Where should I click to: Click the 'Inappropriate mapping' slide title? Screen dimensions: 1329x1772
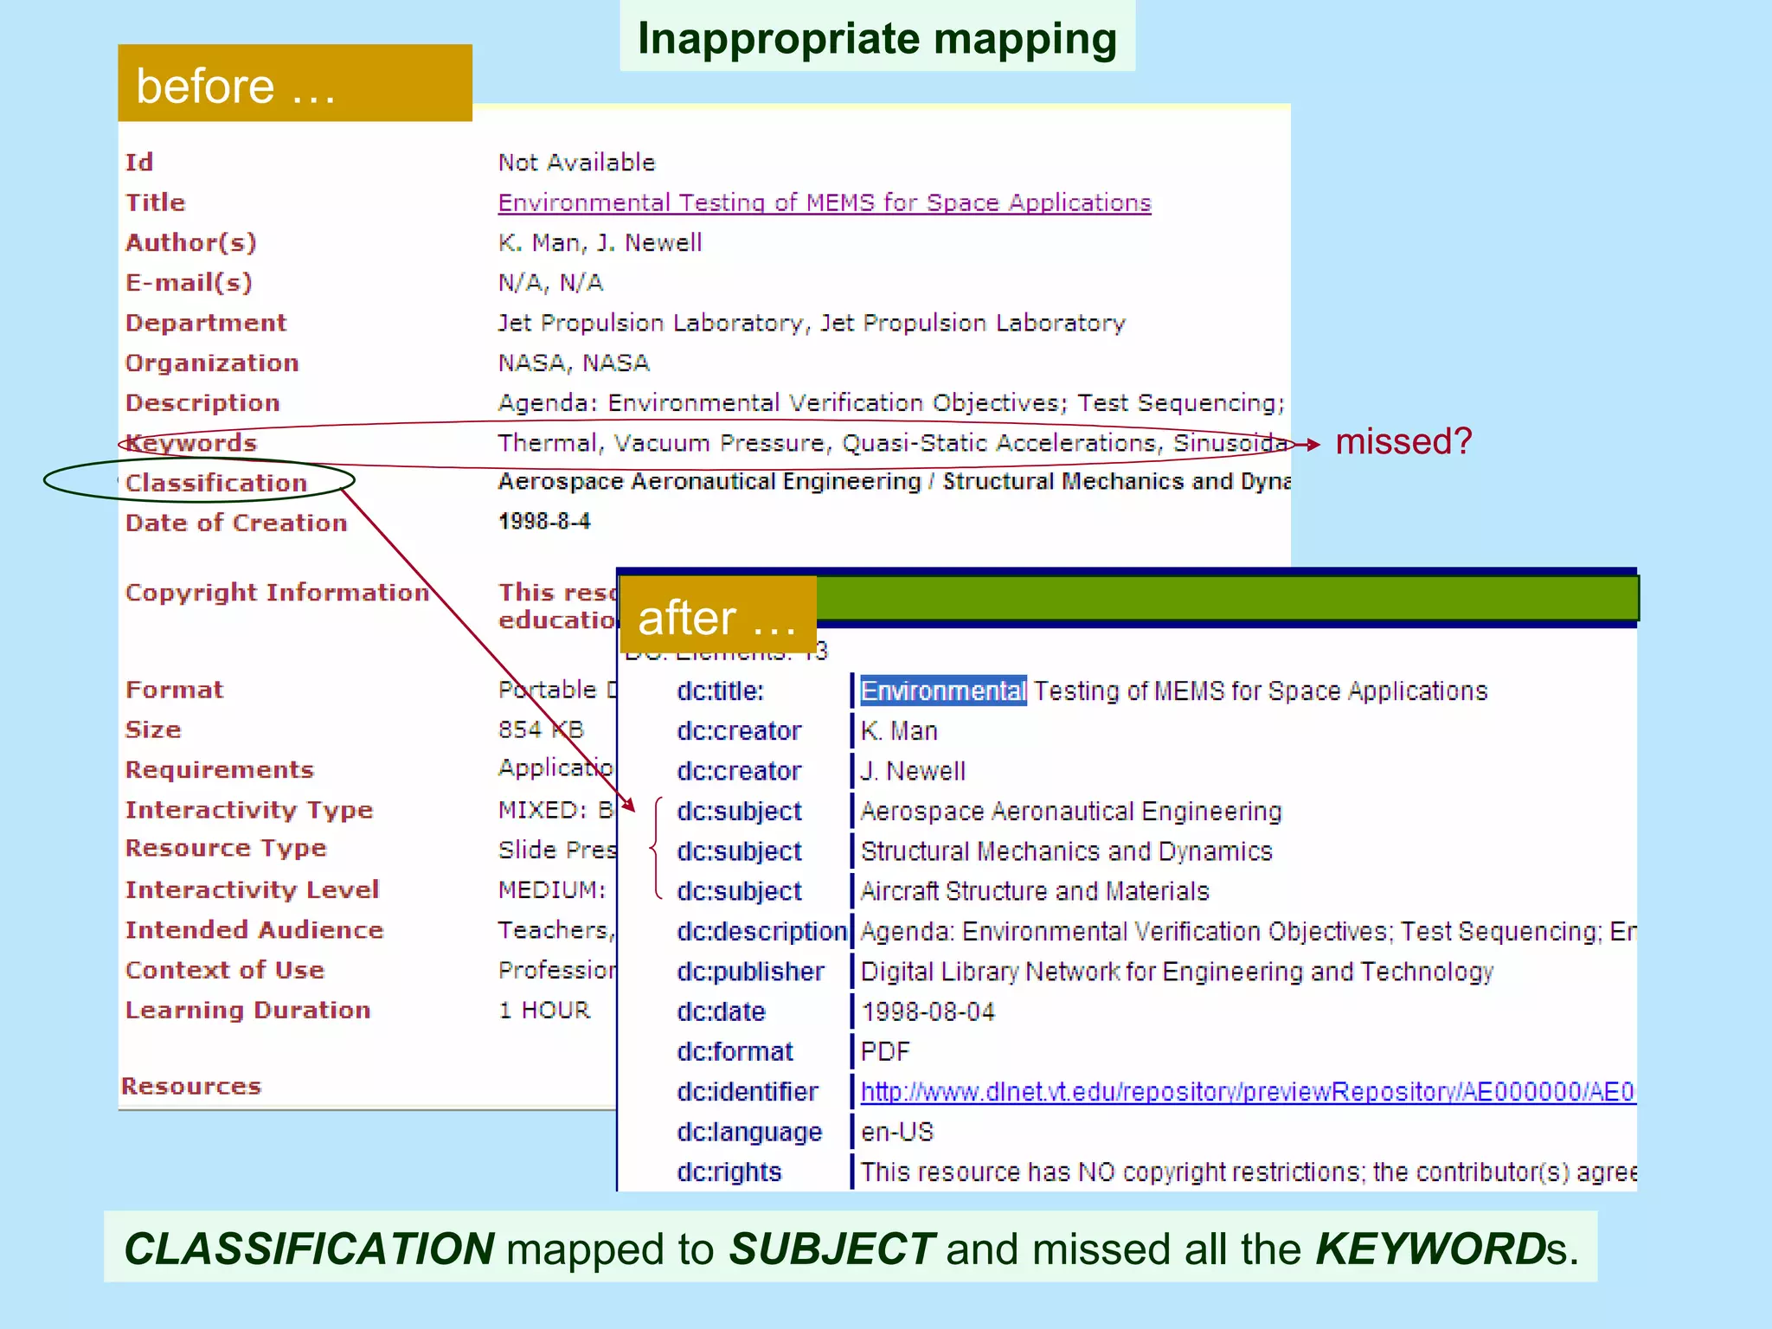[x=876, y=39]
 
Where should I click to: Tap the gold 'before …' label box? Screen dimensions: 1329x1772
[x=294, y=84]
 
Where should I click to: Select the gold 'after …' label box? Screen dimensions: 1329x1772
[x=717, y=616]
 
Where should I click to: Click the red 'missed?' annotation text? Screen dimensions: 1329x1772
[x=1403, y=442]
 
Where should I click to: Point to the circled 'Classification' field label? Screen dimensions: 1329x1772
[x=216, y=483]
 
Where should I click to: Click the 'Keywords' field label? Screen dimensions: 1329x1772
[x=192, y=443]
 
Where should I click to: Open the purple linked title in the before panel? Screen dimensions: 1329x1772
[x=824, y=202]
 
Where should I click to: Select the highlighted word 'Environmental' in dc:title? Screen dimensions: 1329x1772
[x=943, y=690]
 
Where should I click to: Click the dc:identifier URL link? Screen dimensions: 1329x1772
[x=1247, y=1092]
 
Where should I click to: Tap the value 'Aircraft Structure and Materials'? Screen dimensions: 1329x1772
[x=1034, y=891]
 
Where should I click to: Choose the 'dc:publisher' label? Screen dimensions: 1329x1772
[x=750, y=972]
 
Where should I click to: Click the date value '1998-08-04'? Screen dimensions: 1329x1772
[x=928, y=1011]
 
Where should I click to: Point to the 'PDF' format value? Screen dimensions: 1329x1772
[x=885, y=1051]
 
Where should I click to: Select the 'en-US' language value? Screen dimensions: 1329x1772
[x=897, y=1132]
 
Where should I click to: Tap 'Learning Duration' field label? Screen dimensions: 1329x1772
[x=247, y=1010]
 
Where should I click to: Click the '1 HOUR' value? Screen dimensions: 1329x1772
[x=544, y=1010]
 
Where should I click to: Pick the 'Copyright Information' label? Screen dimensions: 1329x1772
[x=277, y=593]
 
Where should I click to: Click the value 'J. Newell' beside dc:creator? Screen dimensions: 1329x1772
[x=913, y=771]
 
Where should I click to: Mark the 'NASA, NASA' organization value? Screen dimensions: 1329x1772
[x=574, y=363]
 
